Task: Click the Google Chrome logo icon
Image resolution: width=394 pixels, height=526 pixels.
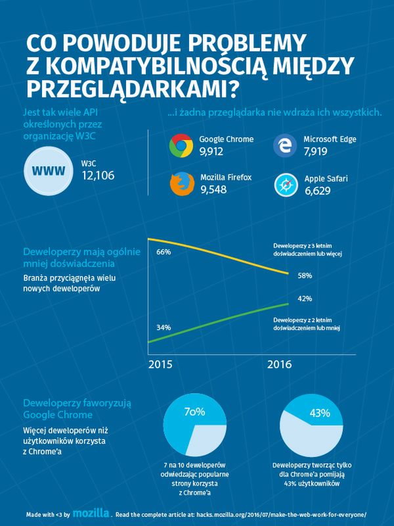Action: tap(181, 146)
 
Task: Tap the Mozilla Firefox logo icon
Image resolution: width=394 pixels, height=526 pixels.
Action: tap(181, 185)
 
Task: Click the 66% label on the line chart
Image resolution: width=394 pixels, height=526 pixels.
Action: tap(164, 252)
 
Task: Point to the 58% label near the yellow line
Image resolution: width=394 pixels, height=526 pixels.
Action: tap(305, 275)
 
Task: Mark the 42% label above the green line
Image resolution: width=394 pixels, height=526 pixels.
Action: tap(305, 299)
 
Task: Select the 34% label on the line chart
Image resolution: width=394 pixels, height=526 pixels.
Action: tap(164, 327)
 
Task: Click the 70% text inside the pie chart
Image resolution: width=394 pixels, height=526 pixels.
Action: tap(195, 412)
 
